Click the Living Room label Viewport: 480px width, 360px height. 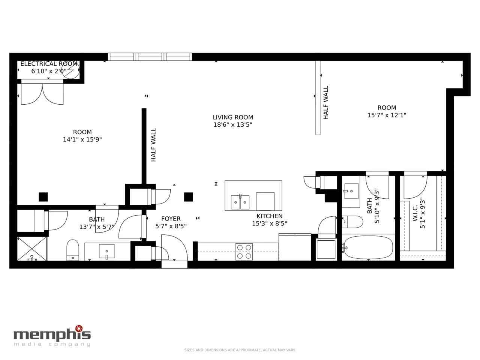[x=232, y=117]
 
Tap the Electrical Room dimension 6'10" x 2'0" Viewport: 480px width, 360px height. [x=49, y=71]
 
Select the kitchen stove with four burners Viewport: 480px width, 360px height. [x=244, y=252]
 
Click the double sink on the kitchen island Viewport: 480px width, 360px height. [x=240, y=202]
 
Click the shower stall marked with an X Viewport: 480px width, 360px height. [x=32, y=249]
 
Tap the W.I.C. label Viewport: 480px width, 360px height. [x=415, y=213]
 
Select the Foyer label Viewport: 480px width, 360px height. [x=171, y=219]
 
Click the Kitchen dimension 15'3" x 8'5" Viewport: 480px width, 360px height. [x=269, y=223]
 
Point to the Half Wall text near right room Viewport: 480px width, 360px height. [x=325, y=102]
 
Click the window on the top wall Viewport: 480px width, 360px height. [x=150, y=57]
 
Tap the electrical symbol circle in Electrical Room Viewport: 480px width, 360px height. [x=70, y=70]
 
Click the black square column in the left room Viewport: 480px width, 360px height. [x=43, y=197]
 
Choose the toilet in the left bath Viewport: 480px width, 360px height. [x=73, y=250]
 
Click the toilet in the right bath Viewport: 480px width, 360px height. [x=352, y=222]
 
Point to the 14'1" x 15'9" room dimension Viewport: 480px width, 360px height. [x=82, y=139]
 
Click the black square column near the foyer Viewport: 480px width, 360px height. [x=189, y=197]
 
